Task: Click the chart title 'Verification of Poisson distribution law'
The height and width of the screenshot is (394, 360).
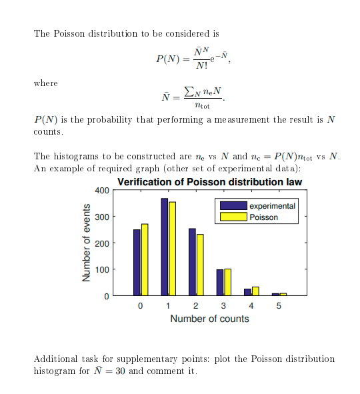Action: pyautogui.click(x=209, y=182)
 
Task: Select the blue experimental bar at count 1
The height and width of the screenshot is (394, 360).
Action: pyautogui.click(x=164, y=247)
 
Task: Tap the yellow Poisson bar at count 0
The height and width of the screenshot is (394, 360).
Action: pyautogui.click(x=145, y=259)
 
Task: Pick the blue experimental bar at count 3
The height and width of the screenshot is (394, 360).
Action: pyautogui.click(x=220, y=282)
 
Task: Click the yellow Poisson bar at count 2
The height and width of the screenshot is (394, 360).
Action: pyautogui.click(x=200, y=265)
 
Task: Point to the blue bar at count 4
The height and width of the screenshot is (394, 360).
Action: pyautogui.click(x=247, y=291)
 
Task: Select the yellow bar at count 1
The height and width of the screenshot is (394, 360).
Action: pyautogui.click(x=172, y=249)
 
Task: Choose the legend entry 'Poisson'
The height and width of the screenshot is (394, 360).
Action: pyautogui.click(x=263, y=217)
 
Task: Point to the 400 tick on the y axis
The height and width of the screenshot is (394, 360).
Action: pyautogui.click(x=101, y=191)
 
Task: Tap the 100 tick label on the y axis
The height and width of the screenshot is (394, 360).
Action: pyautogui.click(x=101, y=270)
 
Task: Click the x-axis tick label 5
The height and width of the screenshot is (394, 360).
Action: pyautogui.click(x=279, y=306)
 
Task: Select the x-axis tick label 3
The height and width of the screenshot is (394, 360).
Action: pyautogui.click(x=223, y=306)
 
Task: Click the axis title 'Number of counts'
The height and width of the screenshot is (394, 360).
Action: pyautogui.click(x=209, y=319)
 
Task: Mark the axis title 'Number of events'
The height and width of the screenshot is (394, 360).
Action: pyautogui.click(x=86, y=243)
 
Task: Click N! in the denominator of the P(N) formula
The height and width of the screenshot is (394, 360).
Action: pyautogui.click(x=200, y=66)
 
